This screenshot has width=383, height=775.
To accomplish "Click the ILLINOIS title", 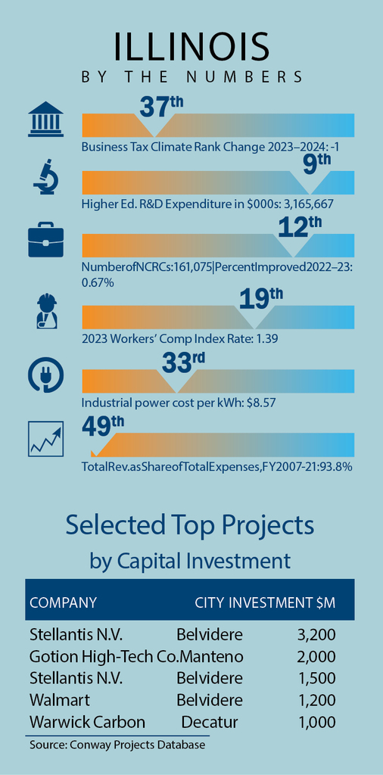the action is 191,48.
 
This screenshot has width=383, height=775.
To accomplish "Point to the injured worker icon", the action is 46,311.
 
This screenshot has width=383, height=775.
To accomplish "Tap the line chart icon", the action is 46,439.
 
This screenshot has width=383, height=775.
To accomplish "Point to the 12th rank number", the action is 300,227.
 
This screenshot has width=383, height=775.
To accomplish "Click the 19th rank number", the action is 261,300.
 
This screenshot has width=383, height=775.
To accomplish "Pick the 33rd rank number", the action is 184,363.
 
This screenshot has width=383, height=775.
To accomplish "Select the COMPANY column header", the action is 64,603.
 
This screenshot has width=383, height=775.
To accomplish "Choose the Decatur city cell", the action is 210,722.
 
